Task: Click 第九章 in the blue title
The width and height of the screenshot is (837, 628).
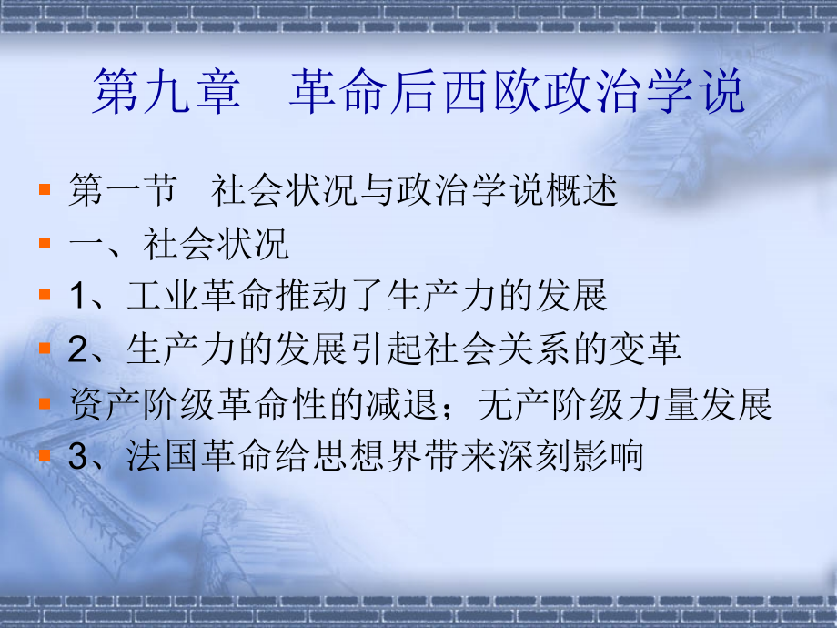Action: (x=166, y=91)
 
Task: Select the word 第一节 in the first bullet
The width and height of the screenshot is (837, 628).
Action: (x=124, y=189)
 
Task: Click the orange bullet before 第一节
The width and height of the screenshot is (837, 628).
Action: (x=45, y=189)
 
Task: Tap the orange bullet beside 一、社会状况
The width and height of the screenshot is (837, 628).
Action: (x=45, y=243)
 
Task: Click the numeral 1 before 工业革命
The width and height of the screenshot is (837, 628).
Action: (x=77, y=296)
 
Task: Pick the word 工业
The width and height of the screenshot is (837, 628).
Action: (x=164, y=295)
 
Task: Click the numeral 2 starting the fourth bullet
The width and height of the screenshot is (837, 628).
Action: (x=77, y=349)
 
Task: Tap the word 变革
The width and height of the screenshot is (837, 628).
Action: (x=645, y=349)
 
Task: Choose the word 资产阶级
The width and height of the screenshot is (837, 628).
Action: (x=143, y=404)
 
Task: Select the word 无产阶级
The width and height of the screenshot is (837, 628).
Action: (x=551, y=404)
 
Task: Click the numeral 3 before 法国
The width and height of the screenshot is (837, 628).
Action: (x=77, y=457)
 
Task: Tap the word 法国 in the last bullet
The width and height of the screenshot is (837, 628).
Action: (x=164, y=456)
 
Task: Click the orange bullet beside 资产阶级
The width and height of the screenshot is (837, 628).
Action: (x=45, y=403)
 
